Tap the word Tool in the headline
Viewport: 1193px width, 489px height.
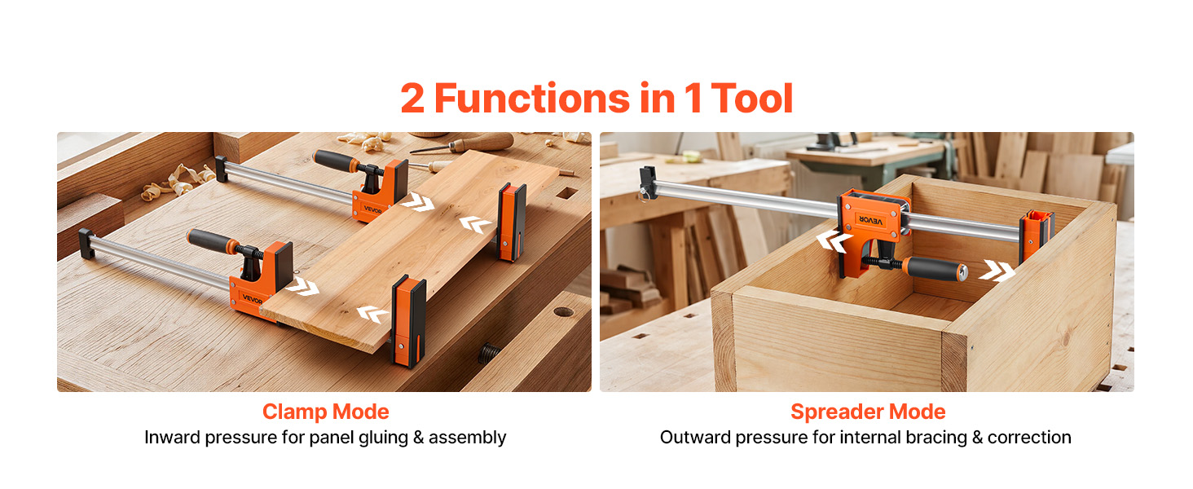click(752, 99)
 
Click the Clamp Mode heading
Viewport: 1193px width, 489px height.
click(325, 412)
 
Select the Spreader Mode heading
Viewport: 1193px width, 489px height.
click(868, 412)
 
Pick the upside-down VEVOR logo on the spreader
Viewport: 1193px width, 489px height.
click(869, 220)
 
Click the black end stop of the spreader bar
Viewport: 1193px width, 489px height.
click(648, 183)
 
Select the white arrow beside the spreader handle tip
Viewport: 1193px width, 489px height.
click(997, 271)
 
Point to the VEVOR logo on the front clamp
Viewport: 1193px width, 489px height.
click(253, 299)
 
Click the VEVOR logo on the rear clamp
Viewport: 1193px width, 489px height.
click(373, 209)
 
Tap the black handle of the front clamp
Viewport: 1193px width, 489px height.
click(213, 240)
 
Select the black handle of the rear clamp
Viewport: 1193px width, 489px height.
click(336, 161)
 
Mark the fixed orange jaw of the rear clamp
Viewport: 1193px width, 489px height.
click(511, 222)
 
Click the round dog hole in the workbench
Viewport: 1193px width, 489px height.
click(563, 311)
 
